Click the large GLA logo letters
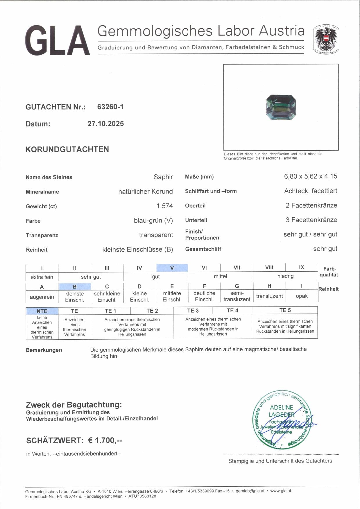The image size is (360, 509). tap(57, 40)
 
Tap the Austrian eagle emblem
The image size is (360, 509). tap(326, 39)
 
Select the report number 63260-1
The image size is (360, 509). tap(110, 107)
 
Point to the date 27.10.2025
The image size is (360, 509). tap(105, 123)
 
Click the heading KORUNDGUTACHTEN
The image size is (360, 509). tap(67, 149)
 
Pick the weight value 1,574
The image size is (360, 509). tap(164, 206)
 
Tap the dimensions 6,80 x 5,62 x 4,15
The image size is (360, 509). tap(310, 176)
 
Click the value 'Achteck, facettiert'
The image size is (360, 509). tap(310, 191)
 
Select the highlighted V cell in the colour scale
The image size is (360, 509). tap(172, 268)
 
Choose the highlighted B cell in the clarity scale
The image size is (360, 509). tap(74, 286)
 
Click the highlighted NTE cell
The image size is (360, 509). tap(42, 311)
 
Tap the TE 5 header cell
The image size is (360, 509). tap(285, 310)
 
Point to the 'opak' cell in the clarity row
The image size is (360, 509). tap(302, 296)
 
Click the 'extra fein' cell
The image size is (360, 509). tap(42, 277)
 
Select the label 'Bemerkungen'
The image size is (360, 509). tap(44, 350)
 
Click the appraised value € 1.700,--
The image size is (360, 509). tap(105, 440)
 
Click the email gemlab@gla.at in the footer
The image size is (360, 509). tap(250, 491)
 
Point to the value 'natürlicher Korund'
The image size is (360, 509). tap(145, 191)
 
